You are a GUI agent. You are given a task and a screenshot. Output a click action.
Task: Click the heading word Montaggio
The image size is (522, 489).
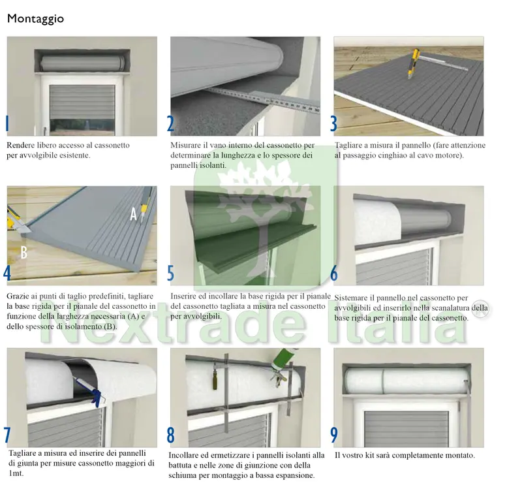[35, 19]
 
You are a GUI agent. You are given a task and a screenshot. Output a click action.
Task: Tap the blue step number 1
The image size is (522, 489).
[7, 123]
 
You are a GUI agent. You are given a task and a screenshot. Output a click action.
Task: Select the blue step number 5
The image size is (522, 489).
[170, 273]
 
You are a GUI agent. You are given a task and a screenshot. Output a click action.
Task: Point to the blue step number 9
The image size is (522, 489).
[334, 435]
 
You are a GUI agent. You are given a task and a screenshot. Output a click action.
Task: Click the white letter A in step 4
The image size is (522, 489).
[134, 214]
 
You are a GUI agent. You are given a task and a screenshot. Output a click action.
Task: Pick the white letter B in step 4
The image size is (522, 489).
[23, 252]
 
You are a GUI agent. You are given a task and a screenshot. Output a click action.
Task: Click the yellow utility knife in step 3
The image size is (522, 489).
[413, 63]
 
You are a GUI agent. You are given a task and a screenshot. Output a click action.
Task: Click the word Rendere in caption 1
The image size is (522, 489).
[21, 145]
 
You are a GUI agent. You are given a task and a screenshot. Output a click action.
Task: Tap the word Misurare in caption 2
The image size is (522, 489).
[185, 145]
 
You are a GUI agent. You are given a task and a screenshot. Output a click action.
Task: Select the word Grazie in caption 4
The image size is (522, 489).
[17, 296]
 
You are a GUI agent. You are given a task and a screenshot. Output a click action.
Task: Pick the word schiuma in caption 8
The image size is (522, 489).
[181, 475]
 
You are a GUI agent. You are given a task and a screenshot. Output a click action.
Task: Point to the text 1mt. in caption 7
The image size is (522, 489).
[16, 473]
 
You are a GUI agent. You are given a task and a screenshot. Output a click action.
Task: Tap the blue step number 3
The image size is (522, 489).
[333, 123]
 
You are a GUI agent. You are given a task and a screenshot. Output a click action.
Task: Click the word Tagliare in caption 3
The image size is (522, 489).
[348, 146]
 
